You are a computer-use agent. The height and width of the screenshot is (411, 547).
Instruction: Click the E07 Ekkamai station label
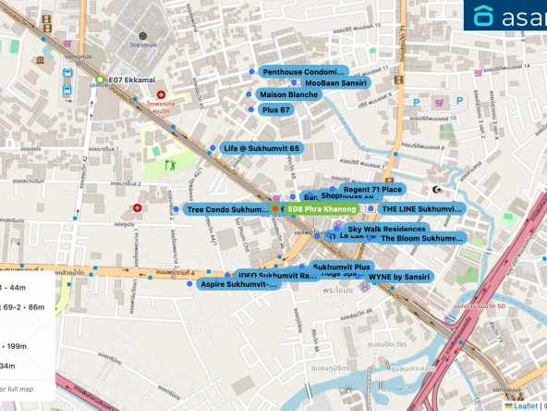[128, 81]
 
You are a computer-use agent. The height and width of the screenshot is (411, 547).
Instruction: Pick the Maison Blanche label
[288, 94]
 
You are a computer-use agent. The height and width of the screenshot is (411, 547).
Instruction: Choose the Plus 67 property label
[276, 109]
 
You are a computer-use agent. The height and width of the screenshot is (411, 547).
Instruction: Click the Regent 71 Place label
[372, 189]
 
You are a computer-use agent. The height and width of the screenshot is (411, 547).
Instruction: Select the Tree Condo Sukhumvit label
[226, 210]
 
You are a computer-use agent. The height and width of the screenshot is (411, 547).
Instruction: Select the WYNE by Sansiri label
[399, 277]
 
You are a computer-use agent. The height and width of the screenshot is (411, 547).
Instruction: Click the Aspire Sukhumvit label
[239, 284]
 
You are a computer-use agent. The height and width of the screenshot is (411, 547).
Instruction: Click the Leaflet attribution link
[525, 405]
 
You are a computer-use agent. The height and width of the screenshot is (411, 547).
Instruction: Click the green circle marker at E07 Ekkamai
[100, 81]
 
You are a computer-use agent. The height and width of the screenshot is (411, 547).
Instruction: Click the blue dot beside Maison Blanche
[248, 94]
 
